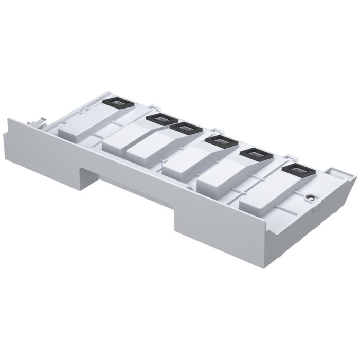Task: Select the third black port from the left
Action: (x=184, y=127)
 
